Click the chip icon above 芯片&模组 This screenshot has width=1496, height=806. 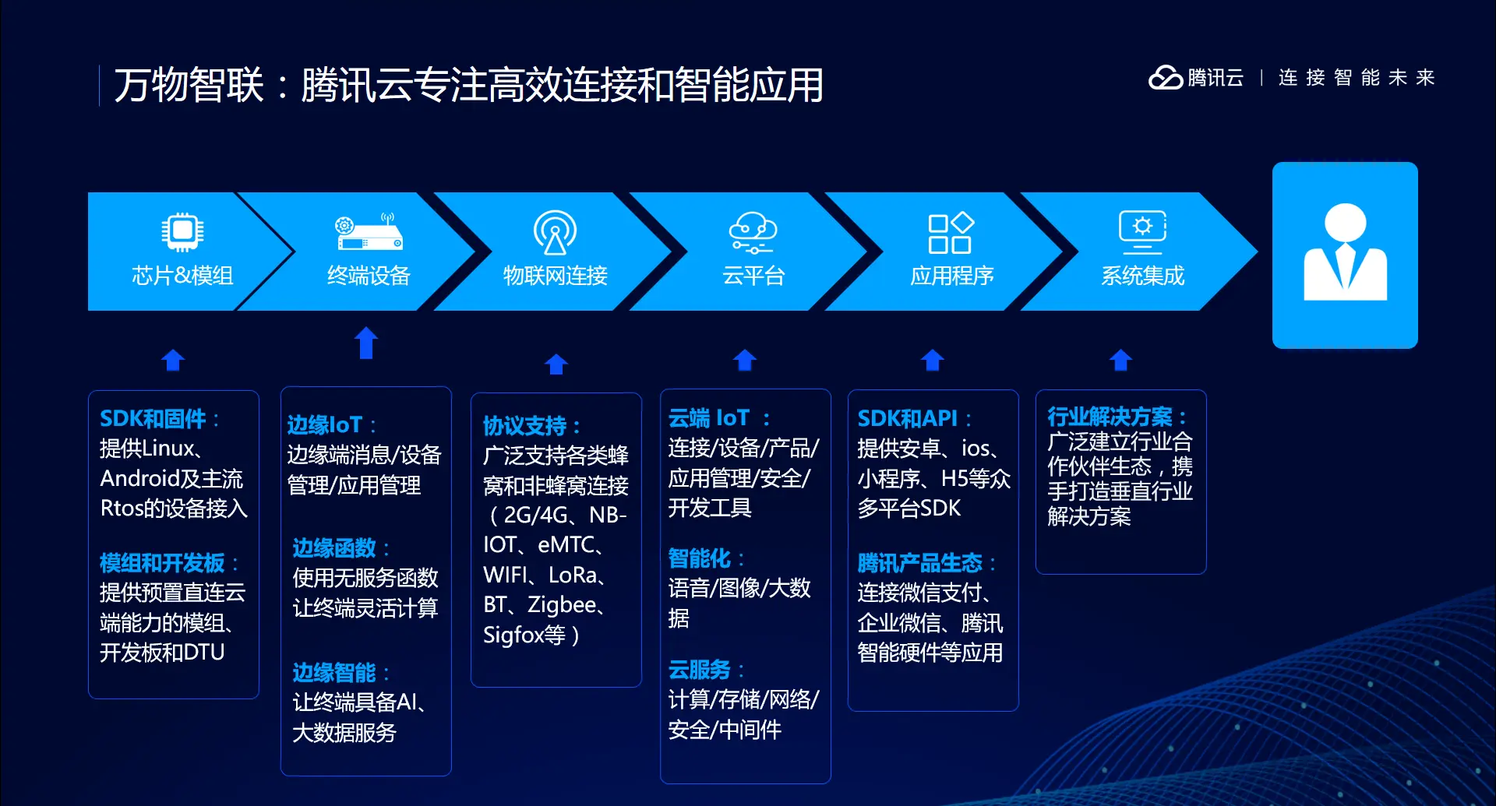(182, 231)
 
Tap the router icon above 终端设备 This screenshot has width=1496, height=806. (369, 232)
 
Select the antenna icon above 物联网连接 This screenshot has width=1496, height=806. (555, 232)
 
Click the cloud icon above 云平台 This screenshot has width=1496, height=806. (753, 232)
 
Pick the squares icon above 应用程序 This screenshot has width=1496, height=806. (951, 232)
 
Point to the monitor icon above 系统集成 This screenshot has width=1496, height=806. (1142, 232)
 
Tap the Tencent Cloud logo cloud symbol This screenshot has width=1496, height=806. (1166, 77)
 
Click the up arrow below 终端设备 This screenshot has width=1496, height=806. (366, 343)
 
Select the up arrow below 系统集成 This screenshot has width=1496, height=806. (1120, 360)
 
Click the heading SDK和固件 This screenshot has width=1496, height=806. (153, 419)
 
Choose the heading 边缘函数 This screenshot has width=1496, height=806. (334, 548)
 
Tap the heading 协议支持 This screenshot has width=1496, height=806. (524, 426)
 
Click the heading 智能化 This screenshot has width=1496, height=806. (699, 558)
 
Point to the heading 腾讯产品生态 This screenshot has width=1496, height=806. (920, 563)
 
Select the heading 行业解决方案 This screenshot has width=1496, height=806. (1110, 417)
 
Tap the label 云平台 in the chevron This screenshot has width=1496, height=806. (753, 276)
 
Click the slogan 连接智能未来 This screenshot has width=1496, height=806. (1357, 78)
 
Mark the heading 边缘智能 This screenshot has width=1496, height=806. (334, 673)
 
